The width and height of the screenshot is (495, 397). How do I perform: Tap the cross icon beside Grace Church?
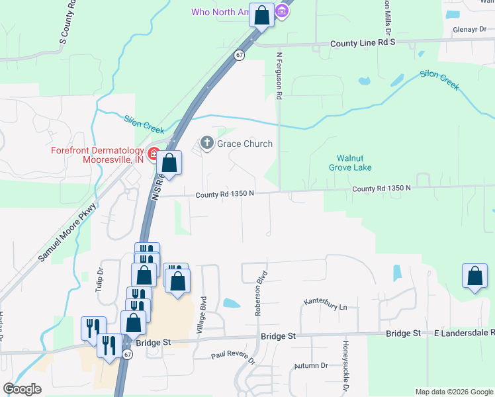pos(206,143)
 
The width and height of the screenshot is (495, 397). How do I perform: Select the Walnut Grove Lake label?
pos(350,163)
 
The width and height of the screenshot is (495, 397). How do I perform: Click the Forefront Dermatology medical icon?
pos(154,155)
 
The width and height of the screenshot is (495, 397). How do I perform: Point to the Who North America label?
pos(218,12)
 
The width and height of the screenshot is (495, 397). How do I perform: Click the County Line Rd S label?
pos(363,42)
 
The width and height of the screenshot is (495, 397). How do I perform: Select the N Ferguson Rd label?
pos(280,77)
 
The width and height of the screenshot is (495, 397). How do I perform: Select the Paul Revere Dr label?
pos(233,358)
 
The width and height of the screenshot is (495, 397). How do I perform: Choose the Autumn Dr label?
pos(311,365)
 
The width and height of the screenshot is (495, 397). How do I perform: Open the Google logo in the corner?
pos(22,389)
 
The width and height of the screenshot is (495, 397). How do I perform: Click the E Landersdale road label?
pos(463,333)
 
